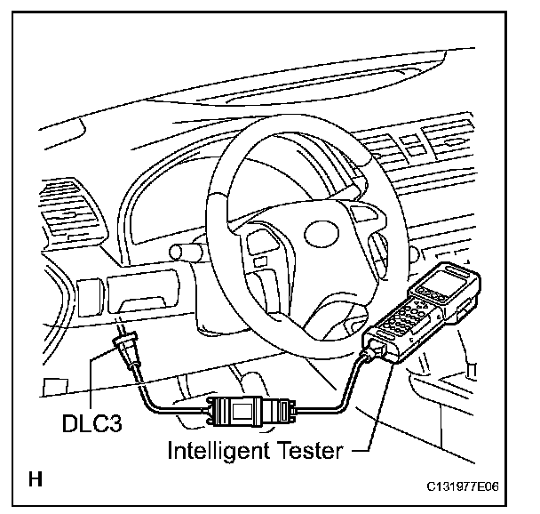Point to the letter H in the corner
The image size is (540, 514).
[36, 481]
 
